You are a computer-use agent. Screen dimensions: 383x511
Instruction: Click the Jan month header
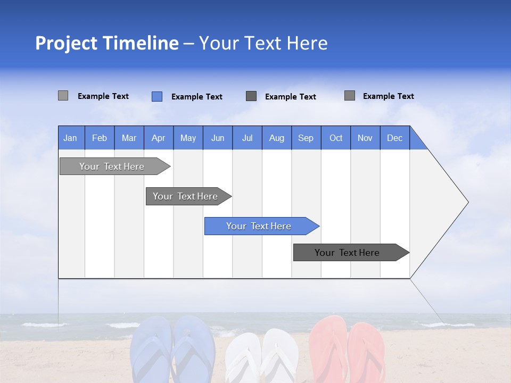70,138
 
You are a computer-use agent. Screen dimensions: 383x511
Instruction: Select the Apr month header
158,138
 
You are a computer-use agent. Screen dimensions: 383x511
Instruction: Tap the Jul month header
247,138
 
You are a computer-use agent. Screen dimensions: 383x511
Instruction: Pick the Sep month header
306,138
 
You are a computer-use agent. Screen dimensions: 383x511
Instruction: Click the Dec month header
394,138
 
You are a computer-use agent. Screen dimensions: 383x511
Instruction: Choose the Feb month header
100,138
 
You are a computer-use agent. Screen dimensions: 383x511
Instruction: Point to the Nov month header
365,138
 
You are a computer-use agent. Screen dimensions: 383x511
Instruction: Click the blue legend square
157,96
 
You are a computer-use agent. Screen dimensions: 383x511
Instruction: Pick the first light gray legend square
63,96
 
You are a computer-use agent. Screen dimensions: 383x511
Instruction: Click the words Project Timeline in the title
106,43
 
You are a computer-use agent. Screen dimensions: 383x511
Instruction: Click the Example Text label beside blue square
196,97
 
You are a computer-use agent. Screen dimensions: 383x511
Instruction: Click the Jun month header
217,138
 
